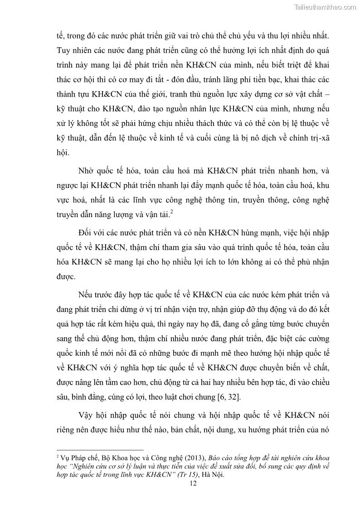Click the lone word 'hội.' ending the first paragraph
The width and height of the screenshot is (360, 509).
[x=63, y=153]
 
